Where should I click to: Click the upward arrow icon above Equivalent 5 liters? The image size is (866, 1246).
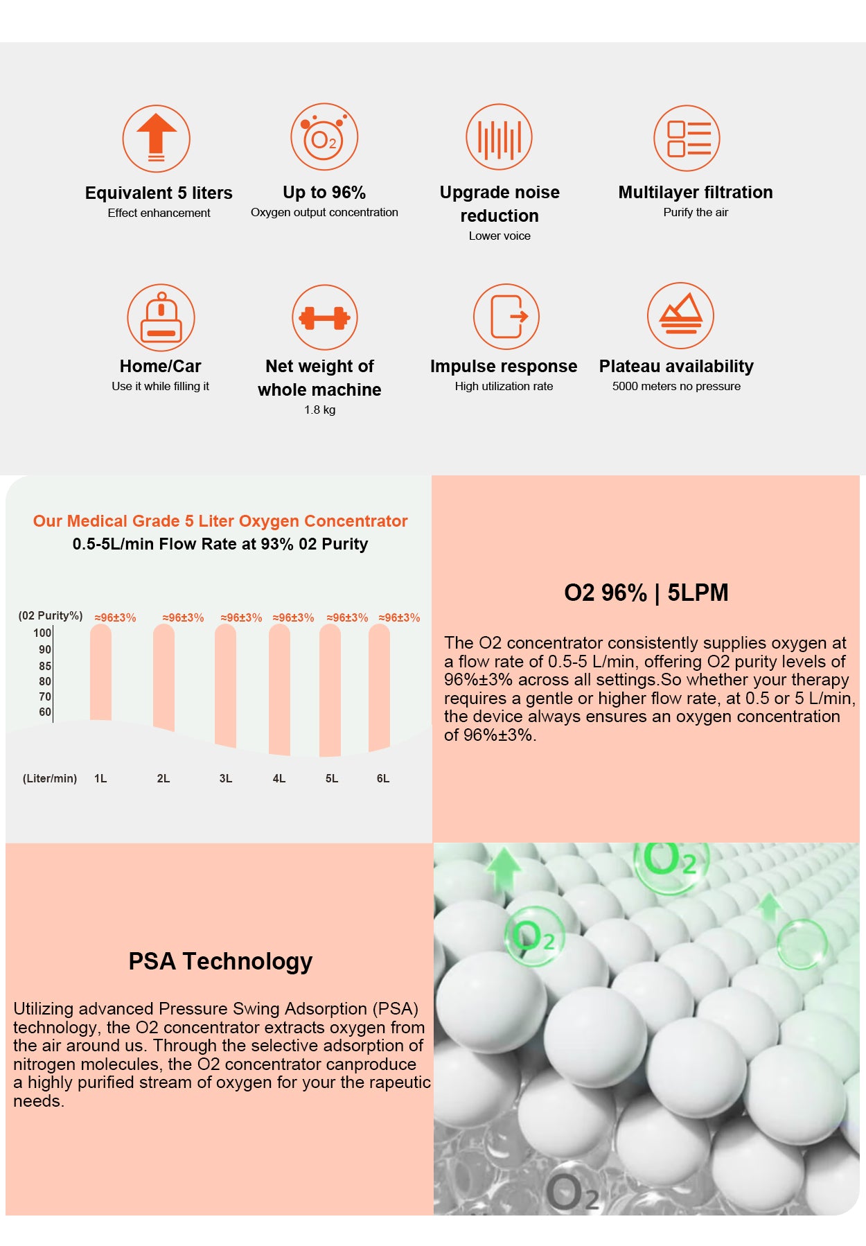pos(157,138)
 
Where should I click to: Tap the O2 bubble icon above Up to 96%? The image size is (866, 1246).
pos(324,137)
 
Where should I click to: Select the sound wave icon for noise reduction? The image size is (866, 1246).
pos(499,137)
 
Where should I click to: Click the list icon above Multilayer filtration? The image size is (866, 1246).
pos(687,138)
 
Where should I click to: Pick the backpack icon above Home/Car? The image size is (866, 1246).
pos(161,317)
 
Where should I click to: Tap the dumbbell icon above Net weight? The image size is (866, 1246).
pos(324,317)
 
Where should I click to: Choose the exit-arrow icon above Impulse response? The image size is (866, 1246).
pos(506,317)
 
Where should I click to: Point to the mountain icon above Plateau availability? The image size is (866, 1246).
pos(680,316)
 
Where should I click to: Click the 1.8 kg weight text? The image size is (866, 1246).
pos(319,410)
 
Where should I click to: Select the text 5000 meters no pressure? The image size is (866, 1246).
pos(676,386)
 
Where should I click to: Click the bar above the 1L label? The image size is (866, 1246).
pos(100,672)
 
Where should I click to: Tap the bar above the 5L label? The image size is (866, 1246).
pos(330,690)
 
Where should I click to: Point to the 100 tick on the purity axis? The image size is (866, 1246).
pos(42,633)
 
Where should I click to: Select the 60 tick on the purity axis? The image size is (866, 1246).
pos(45,712)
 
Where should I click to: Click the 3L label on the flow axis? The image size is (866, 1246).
pos(226,778)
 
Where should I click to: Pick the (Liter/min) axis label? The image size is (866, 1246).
pos(50,778)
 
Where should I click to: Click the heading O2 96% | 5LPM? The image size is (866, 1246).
pos(646,593)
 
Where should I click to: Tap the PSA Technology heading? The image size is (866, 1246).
pos(220,961)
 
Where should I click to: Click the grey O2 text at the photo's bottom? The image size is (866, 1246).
pos(572,1192)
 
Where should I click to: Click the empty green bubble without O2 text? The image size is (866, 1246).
pos(802,943)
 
